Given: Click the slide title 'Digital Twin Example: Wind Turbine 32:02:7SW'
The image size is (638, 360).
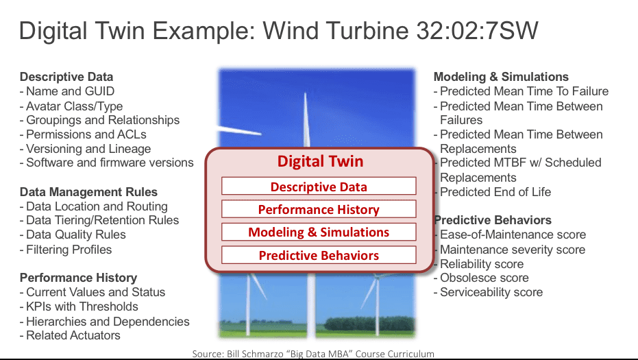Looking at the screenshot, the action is point(279,31).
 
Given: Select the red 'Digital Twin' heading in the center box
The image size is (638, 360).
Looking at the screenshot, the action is point(320,161).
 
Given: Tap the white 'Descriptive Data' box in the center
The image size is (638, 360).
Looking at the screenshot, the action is point(319,186).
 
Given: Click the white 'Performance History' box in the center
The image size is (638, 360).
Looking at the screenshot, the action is point(319,209).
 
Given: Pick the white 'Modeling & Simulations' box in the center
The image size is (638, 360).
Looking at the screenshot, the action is point(319,232).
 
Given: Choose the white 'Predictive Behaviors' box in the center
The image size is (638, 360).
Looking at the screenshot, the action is point(319,255).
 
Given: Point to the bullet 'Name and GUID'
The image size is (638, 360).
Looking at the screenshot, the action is point(67,91).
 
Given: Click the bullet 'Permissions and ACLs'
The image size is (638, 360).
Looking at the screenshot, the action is point(83,134).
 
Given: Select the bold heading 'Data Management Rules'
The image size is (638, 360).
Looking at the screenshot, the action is point(88,192).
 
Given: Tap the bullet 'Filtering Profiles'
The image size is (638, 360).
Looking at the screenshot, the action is point(66,249).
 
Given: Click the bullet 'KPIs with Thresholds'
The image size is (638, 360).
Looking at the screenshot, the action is point(79,307).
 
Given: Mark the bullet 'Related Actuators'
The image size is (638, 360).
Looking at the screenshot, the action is point(70,335).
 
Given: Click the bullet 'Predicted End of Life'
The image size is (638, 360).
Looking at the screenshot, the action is point(492,192).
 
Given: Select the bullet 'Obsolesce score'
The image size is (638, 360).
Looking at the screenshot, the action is point(481,278).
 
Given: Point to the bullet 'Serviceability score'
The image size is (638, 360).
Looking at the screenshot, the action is point(488,292).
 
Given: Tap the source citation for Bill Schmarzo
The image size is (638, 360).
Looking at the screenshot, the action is point(313,354).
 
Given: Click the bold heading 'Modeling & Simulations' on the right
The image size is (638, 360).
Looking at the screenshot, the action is point(501,77).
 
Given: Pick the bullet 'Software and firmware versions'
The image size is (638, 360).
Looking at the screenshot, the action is point(107,163).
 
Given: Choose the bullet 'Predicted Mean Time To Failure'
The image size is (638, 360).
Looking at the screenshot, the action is point(522,91).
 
